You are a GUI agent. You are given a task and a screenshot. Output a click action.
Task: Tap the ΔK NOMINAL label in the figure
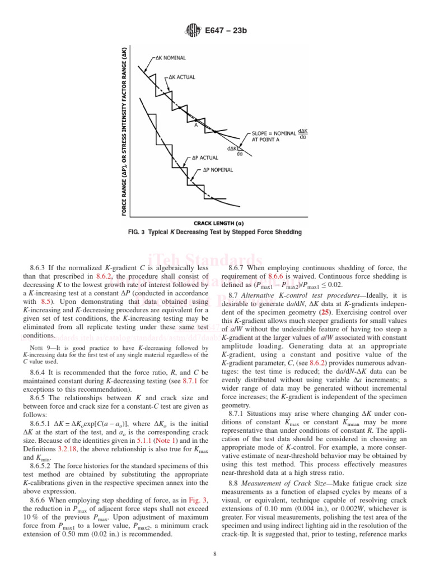tap(171, 57)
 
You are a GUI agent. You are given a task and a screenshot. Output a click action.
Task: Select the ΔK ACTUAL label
tap(179, 77)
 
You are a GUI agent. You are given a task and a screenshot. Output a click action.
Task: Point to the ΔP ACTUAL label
tap(205, 158)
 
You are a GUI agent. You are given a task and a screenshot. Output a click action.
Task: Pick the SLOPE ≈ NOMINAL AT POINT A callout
tap(273, 136)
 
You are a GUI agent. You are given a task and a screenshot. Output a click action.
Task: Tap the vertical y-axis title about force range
tap(124, 131)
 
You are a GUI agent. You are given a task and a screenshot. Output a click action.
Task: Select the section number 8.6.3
tap(40, 269)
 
